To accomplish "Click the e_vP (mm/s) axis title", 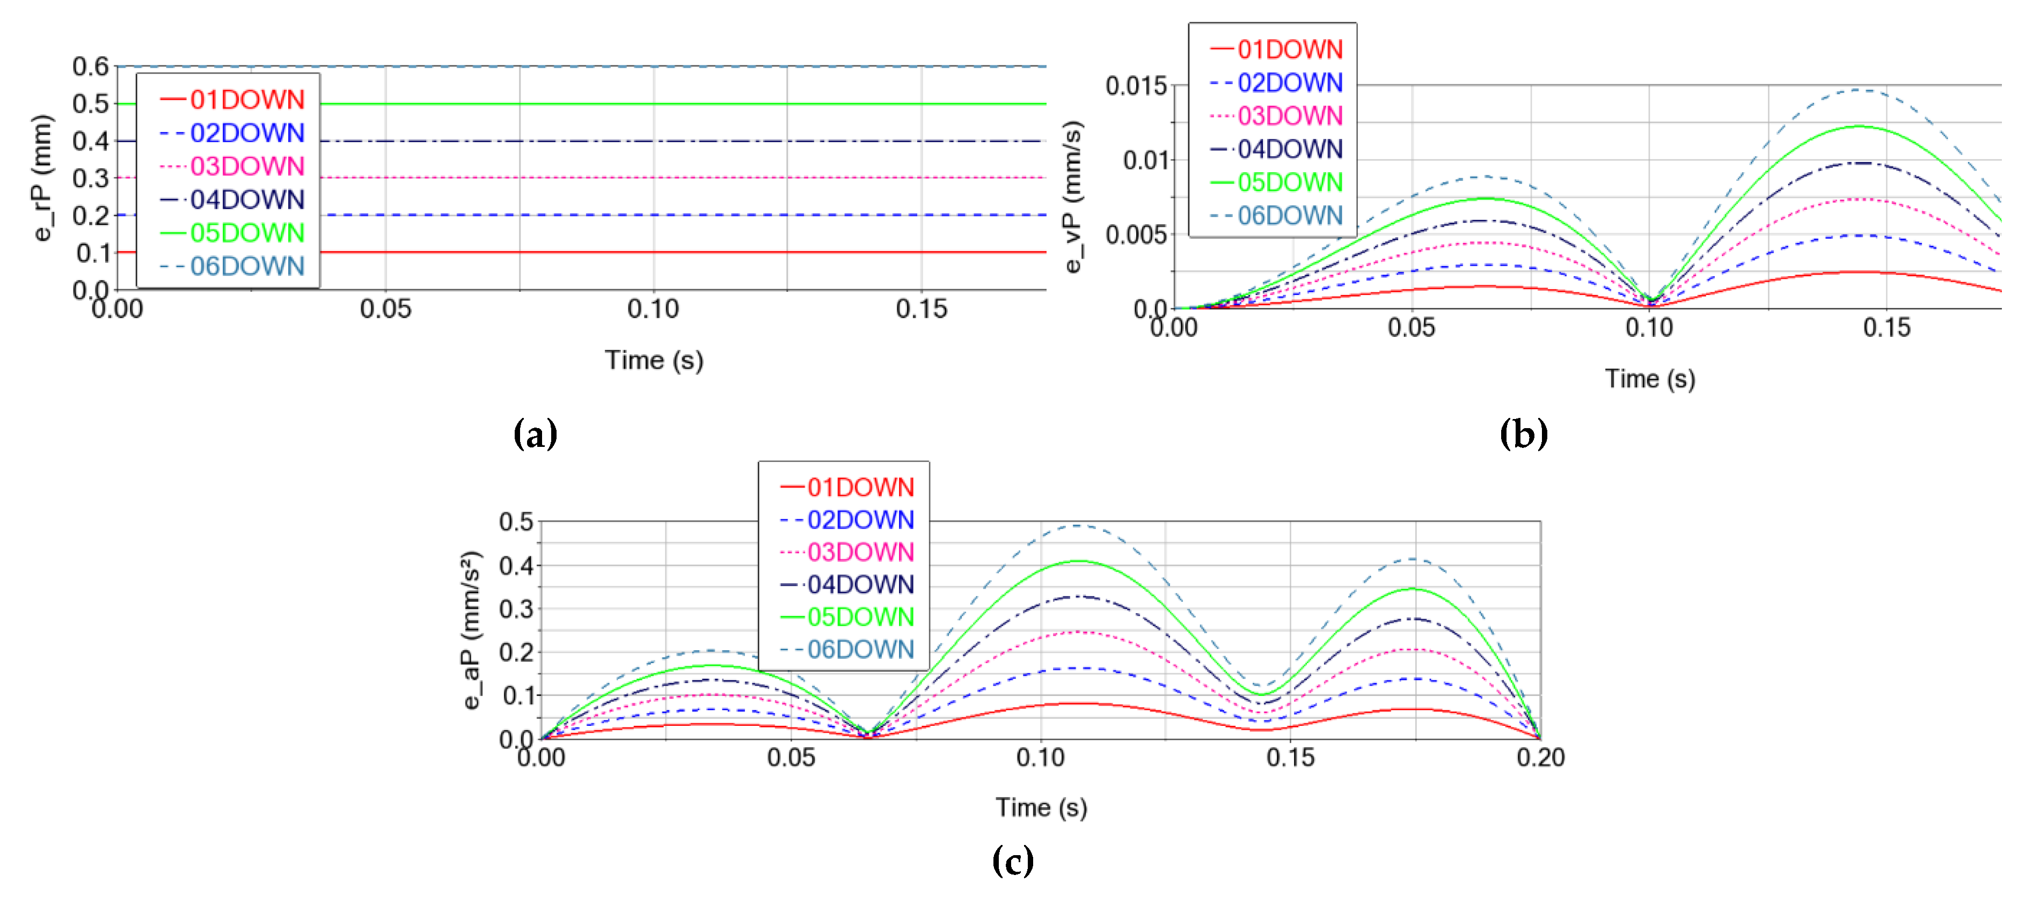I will click(x=1072, y=197).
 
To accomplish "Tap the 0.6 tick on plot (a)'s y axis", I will click(x=90, y=67).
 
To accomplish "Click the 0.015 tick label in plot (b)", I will click(x=1136, y=85).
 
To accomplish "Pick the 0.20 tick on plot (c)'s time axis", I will click(x=1540, y=758).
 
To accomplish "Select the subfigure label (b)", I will click(x=1523, y=434).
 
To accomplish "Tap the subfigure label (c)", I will click(x=1012, y=860).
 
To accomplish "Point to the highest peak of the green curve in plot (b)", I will click(x=1860, y=127).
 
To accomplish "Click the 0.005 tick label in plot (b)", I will click(x=1136, y=235).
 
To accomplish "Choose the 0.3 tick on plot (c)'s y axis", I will click(x=516, y=609).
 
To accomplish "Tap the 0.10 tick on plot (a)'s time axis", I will click(x=653, y=309).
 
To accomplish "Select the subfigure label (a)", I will click(x=535, y=434).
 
